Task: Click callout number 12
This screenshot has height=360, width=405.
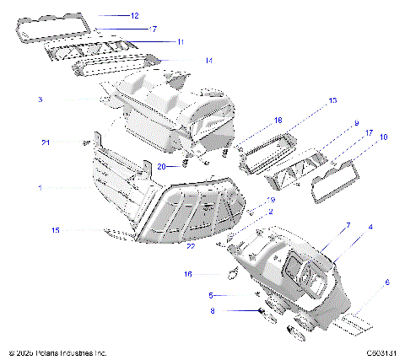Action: point(134,15)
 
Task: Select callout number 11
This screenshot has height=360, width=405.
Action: point(181,41)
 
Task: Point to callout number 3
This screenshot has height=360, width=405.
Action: point(40,99)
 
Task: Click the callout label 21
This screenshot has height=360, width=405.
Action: point(45,142)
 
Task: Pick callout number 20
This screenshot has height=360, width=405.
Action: point(161,167)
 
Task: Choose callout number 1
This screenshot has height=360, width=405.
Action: point(40,187)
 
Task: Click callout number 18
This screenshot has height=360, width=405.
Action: point(255,121)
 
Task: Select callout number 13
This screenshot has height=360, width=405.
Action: point(332,100)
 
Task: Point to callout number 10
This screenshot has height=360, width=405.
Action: point(384,136)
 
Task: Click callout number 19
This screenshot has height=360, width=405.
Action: point(271,200)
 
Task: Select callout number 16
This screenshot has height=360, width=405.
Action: point(188,274)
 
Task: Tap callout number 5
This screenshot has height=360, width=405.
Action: point(211,295)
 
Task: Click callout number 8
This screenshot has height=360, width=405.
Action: point(213,311)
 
